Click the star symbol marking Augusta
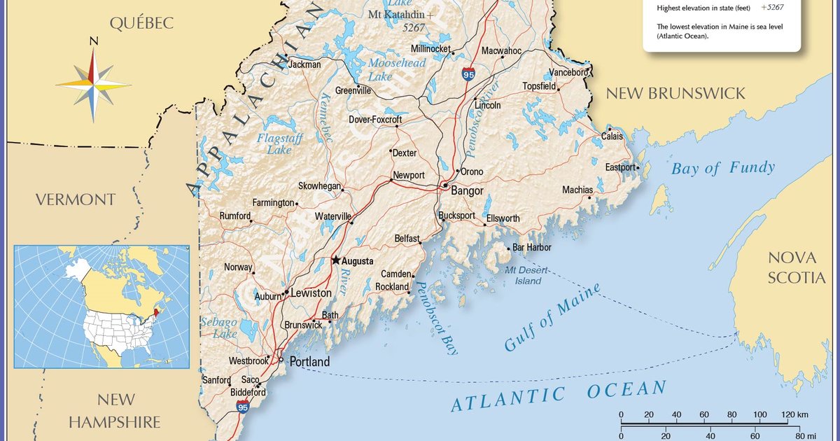pyautogui.click(x=336, y=260)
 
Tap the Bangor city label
pyautogui.click(x=467, y=190)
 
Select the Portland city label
pyautogui.click(x=309, y=362)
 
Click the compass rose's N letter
pyautogui.click(x=93, y=42)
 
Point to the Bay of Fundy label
pyautogui.click(x=722, y=168)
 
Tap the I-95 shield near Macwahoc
pyautogui.click(x=468, y=73)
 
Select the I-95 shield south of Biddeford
pyautogui.click(x=241, y=406)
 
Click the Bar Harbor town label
pyautogui.click(x=532, y=248)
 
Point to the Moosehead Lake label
pyautogui.click(x=396, y=69)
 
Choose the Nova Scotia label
pyautogui.click(x=797, y=267)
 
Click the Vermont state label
pyautogui.click(x=76, y=200)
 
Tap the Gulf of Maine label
pyautogui.click(x=552, y=318)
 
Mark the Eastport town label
pyautogui.click(x=620, y=167)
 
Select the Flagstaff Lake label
pyautogui.click(x=279, y=144)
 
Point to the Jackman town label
pyautogui.click(x=304, y=64)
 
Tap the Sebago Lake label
pyautogui.click(x=219, y=328)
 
